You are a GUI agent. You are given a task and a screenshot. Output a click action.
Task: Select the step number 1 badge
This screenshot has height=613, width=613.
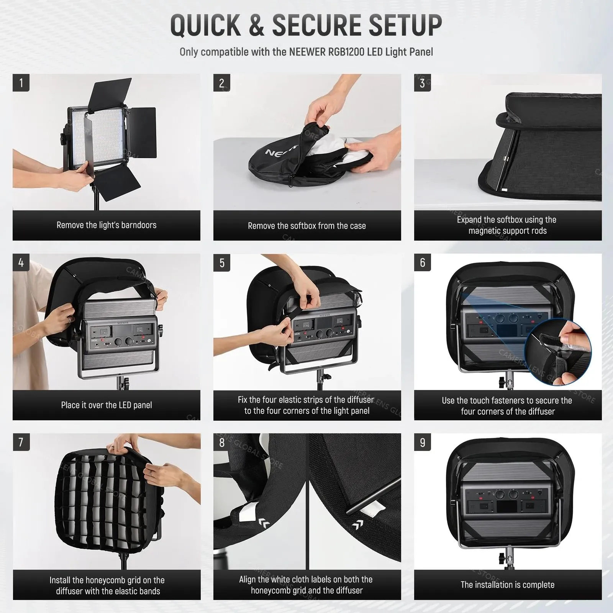[21, 83]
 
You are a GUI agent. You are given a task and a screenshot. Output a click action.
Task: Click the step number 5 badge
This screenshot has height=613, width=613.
[222, 263]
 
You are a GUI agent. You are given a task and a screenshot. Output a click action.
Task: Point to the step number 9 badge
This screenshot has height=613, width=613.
[423, 443]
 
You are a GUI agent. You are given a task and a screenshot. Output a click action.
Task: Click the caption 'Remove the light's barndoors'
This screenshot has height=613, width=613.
[107, 225]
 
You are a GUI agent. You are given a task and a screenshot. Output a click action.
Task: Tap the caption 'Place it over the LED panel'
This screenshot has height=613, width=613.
[107, 405]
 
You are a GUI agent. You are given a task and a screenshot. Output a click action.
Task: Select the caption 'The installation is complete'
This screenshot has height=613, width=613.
[508, 585]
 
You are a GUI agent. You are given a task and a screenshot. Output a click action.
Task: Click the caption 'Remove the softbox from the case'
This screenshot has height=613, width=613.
[307, 226]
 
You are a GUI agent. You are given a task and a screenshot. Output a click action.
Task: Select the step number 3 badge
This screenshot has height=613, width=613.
[423, 83]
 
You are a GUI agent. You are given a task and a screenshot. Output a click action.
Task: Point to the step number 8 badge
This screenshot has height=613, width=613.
[222, 443]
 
